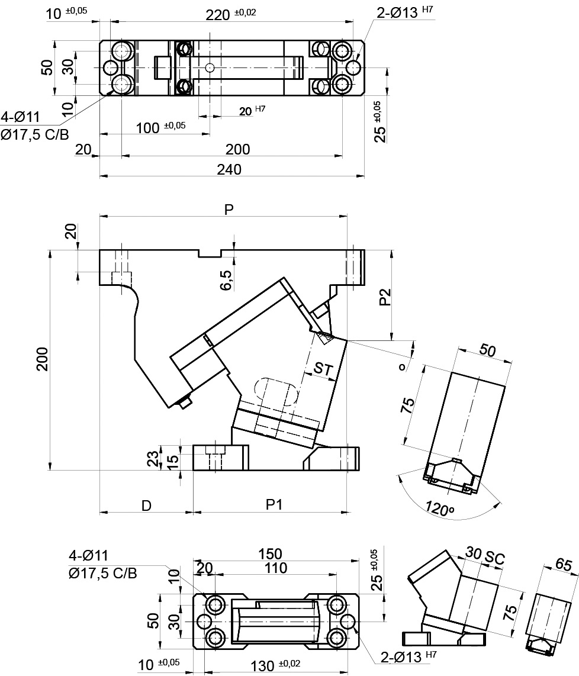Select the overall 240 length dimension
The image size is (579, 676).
click(x=229, y=169)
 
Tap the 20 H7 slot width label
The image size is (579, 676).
click(x=252, y=111)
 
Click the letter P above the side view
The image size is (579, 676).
click(x=229, y=210)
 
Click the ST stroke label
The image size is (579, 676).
click(x=323, y=369)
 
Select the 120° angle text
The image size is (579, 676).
click(x=439, y=508)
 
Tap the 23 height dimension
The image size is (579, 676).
click(x=153, y=459)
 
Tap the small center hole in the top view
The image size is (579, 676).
click(x=209, y=68)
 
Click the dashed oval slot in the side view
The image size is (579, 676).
click(x=276, y=392)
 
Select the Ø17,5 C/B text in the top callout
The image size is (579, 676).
click(x=35, y=135)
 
